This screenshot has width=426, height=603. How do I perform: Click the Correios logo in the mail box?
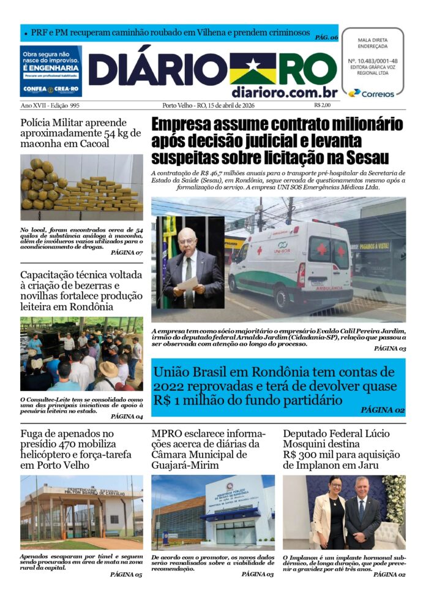tap(371, 93)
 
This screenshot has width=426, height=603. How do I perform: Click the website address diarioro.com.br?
tap(285, 93)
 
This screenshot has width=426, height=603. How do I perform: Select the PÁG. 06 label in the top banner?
tap(326, 37)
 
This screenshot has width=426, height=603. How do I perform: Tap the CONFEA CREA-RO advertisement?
tap(51, 71)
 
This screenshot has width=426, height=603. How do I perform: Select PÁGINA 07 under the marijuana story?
tap(127, 252)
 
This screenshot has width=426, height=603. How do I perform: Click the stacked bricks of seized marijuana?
tap(98, 194)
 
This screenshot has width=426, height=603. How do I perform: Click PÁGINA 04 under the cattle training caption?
tap(127, 416)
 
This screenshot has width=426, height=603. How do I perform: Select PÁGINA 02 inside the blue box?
tap(383, 410)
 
